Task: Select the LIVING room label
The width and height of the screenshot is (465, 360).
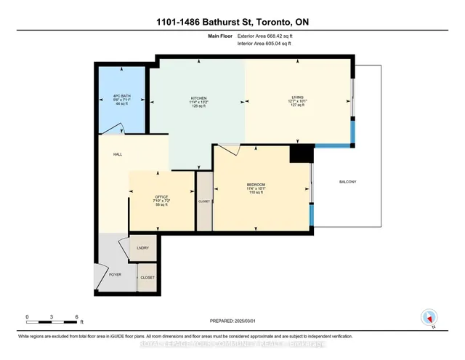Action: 297,97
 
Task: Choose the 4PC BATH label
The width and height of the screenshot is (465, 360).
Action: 122,95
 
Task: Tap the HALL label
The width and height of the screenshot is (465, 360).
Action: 117,154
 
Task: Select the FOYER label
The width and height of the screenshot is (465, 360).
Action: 116,275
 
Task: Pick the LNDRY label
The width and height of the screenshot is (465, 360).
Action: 142,248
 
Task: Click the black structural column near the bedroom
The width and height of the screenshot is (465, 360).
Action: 299,153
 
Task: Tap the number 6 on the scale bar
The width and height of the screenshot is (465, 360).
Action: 76,317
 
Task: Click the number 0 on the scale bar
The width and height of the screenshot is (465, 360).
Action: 27,317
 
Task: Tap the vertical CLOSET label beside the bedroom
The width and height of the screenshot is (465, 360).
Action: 204,200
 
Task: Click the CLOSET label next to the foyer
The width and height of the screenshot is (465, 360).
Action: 147,278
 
